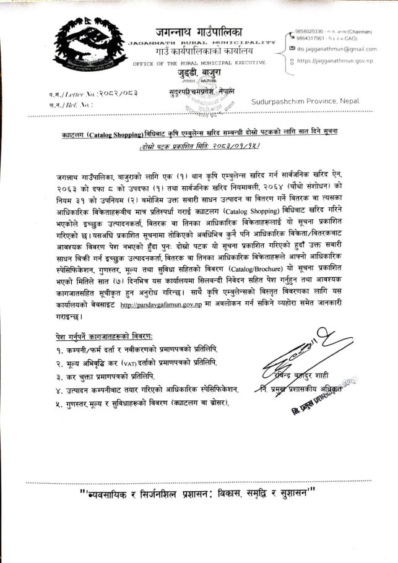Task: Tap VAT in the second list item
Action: tap(138, 363)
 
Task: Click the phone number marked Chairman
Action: tap(307, 30)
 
